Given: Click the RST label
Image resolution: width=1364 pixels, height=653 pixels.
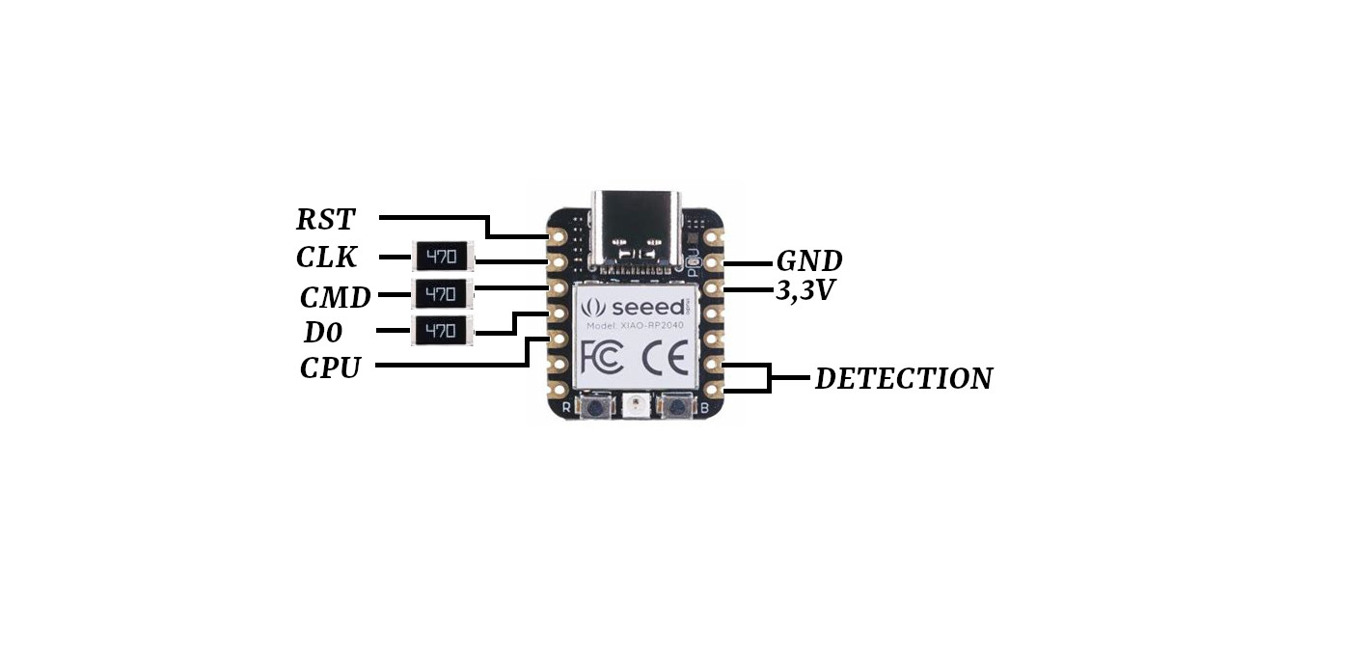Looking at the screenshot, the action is point(325,219).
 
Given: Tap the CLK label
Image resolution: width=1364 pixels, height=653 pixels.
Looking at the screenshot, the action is point(326,258).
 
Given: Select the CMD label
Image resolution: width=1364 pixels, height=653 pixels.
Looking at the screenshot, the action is point(335,297).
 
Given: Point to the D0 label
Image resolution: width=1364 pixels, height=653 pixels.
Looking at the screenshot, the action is point(323,333).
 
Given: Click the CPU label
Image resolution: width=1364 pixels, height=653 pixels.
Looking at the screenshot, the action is point(330,367).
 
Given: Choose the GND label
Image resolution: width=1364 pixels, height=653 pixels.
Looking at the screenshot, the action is point(809,261).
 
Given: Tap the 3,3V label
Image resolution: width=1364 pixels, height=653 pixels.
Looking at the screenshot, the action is point(805,290).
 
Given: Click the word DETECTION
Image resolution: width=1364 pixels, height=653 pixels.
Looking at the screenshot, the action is point(904,378).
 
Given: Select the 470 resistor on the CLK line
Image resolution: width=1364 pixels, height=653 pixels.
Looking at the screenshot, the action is point(443,257).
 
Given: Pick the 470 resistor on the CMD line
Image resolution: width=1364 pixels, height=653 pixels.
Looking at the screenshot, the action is point(442,294).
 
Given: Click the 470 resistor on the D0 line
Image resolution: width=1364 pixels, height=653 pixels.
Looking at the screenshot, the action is point(442,330).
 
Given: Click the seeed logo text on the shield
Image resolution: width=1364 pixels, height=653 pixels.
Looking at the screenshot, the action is point(647,307).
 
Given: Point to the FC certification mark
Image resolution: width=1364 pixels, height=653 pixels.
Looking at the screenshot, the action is point(602,358).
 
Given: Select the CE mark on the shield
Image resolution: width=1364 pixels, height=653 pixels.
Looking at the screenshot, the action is point(665,358).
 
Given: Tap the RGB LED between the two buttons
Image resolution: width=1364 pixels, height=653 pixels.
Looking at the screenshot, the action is point(637,406).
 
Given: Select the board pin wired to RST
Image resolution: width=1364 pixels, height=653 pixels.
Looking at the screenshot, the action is point(558,236).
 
